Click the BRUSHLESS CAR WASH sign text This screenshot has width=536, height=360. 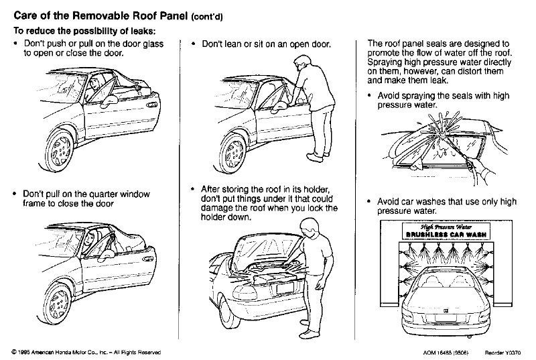(446, 235)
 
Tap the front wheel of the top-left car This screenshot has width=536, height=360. (60, 150)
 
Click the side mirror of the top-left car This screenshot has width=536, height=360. (110, 101)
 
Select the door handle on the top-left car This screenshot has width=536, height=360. (151, 105)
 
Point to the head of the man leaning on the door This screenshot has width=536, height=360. (302, 62)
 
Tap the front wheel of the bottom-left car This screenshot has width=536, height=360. (58, 304)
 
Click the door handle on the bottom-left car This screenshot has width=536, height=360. (147, 259)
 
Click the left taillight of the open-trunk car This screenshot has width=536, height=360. (245, 293)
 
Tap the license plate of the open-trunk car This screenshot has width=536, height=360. (285, 288)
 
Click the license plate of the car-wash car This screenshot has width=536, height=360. (446, 318)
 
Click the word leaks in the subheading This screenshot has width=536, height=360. (143, 31)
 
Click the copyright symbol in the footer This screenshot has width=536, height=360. (14, 352)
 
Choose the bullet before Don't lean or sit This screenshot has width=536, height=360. (194, 44)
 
